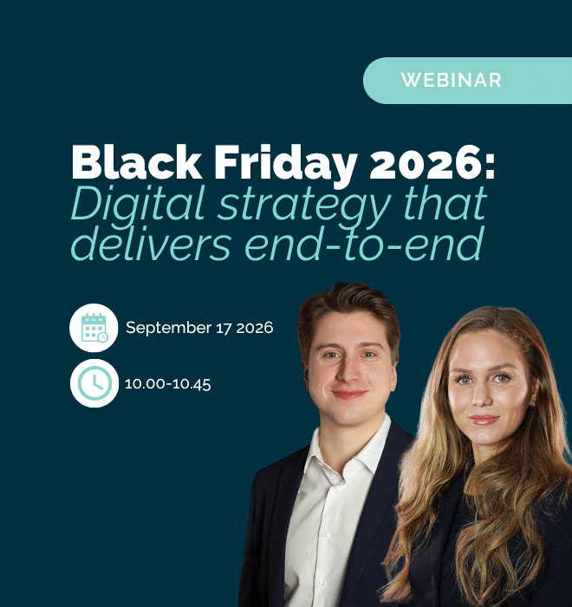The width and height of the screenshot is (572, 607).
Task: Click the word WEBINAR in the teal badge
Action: pyautogui.click(x=452, y=80)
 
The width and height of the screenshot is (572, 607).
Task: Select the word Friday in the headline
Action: pyautogui.click(x=286, y=166)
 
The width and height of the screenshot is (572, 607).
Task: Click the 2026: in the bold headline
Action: pyautogui.click(x=432, y=162)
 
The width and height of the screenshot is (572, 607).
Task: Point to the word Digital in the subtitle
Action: pyautogui.click(x=138, y=206)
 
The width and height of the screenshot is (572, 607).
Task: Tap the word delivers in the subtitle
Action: pyautogui.click(x=151, y=242)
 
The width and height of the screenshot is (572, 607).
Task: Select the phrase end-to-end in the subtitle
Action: pyautogui.click(x=365, y=242)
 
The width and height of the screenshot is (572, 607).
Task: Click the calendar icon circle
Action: pyautogui.click(x=94, y=328)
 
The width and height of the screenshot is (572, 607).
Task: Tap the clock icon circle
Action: pyautogui.click(x=94, y=383)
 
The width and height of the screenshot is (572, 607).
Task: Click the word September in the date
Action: pyautogui.click(x=169, y=329)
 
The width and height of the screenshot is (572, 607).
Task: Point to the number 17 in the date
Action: pyautogui.click(x=224, y=329)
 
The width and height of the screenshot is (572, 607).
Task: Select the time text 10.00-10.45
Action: pyautogui.click(x=167, y=384)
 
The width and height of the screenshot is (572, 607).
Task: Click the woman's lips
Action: pyautogui.click(x=484, y=419)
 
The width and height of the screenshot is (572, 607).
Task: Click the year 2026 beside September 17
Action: pyautogui.click(x=255, y=329)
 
